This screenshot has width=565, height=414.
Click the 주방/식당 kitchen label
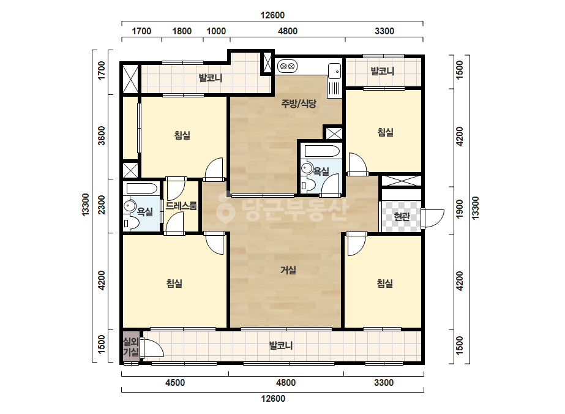click(x=299, y=104)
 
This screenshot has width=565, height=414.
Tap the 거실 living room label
click(x=288, y=269)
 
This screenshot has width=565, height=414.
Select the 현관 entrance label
click(x=402, y=216)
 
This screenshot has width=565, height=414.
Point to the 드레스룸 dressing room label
click(x=181, y=206)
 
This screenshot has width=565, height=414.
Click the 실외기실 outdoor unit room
click(x=131, y=347)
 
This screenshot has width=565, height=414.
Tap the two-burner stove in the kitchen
click(x=287, y=66)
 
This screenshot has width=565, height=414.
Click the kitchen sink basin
click(x=334, y=70)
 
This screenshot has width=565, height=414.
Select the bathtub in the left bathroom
click(x=141, y=189)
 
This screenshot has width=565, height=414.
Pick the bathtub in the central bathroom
click(x=322, y=151)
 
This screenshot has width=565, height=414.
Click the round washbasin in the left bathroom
click(x=129, y=206)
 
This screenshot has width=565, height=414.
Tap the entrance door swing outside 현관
click(x=433, y=219)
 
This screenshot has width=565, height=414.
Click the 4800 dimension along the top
click(x=288, y=31)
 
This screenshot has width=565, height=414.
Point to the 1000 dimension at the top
click(x=216, y=31)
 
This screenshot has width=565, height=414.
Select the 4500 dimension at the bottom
click(x=175, y=382)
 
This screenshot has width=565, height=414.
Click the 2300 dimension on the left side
click(x=102, y=205)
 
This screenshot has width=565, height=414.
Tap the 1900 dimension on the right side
click(x=460, y=209)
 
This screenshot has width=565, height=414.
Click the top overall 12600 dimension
click(x=272, y=15)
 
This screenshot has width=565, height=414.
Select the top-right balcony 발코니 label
click(x=383, y=71)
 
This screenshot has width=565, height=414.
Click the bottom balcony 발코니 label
click(x=281, y=345)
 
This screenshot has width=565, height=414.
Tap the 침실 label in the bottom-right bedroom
click(x=385, y=284)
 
